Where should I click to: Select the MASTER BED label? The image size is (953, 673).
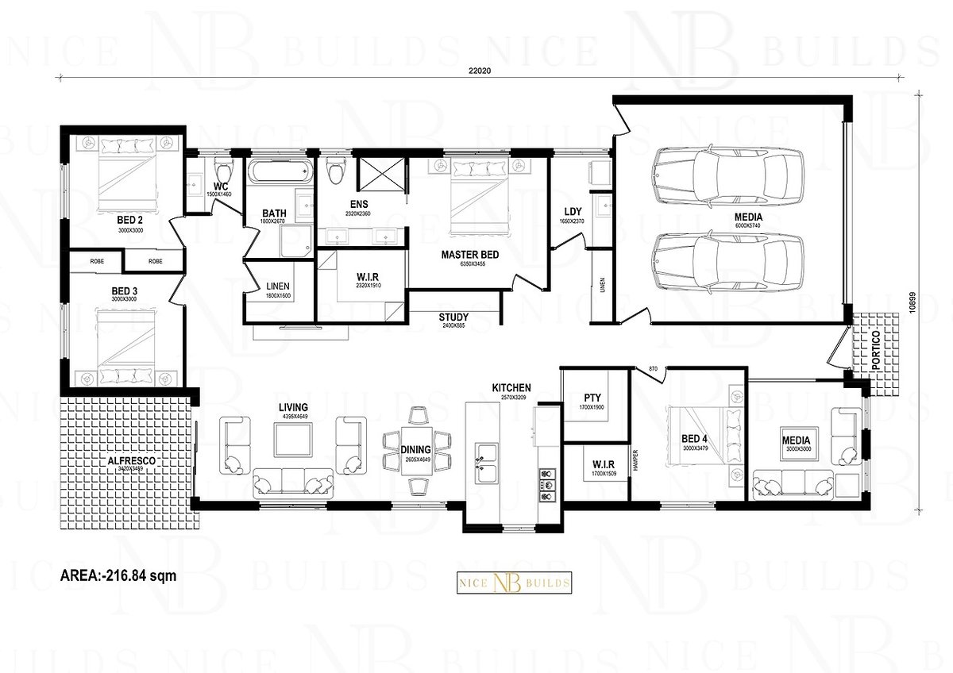coord(470,256)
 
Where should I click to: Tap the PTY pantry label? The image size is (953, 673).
coord(592,397)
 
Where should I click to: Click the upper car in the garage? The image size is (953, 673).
coord(727,169)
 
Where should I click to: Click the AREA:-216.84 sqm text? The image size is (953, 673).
coord(118,575)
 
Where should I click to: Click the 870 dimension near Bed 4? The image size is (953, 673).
coord(653,368)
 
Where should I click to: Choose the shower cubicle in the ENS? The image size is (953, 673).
coord(380,175)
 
